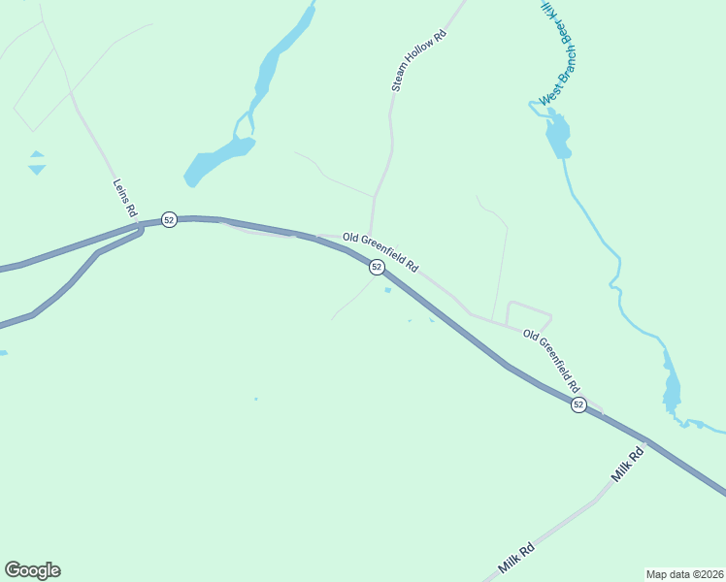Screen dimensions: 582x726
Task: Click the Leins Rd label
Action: click(125, 198)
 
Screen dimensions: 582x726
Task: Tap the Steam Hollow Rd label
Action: click(418, 61)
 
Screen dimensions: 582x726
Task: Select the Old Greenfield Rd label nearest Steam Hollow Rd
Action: click(379, 251)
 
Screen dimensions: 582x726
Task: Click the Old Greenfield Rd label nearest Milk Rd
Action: click(554, 358)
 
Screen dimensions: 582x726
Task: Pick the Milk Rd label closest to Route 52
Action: click(628, 466)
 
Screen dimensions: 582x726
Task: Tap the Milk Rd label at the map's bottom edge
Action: click(516, 557)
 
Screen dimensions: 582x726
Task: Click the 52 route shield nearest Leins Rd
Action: click(169, 220)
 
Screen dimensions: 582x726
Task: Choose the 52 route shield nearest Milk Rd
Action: click(578, 404)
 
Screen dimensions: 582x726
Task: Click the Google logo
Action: click(32, 570)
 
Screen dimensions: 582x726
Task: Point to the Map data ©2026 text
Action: click(684, 573)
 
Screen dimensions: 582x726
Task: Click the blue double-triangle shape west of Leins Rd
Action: click(37, 162)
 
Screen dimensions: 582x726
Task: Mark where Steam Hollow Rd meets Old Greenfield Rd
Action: click(371, 236)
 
